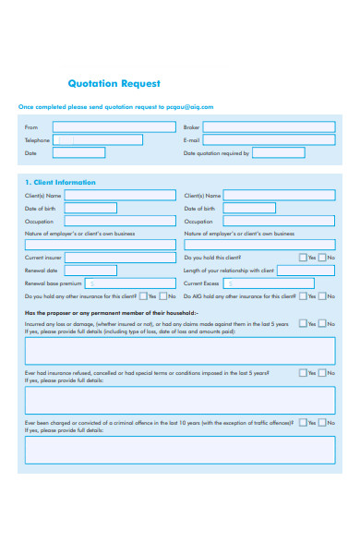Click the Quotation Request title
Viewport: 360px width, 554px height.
tap(114, 83)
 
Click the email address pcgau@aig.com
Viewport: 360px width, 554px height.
tap(190, 106)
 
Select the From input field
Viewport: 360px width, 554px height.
tap(111, 126)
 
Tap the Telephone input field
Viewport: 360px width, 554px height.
tap(98, 140)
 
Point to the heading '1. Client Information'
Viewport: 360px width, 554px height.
tap(60, 182)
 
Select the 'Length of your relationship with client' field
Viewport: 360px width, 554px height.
tap(306, 271)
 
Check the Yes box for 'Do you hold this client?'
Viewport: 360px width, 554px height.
tap(303, 258)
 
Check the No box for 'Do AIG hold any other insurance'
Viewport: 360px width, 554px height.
tap(323, 296)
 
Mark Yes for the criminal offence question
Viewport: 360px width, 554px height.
tap(303, 422)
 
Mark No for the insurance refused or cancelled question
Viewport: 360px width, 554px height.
tap(323, 373)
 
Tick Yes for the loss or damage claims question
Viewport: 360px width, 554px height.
tap(303, 324)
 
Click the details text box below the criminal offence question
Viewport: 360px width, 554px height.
tap(180, 449)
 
